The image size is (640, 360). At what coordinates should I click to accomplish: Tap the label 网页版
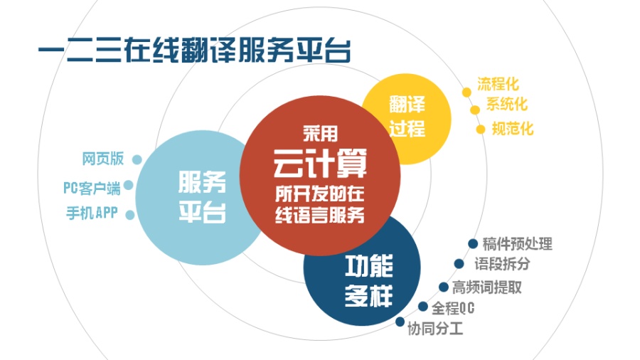pos(102,159)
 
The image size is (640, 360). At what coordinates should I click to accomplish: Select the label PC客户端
pos(92,188)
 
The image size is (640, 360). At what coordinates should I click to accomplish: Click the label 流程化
pos(498,85)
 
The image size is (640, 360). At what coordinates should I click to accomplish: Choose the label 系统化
pos(506,105)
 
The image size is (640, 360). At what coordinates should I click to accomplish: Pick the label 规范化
pos(512,129)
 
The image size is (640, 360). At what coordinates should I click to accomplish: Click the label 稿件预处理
pos(517,243)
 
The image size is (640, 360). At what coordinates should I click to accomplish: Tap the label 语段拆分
pos(502,265)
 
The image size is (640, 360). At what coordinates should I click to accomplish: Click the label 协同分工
pos(434,328)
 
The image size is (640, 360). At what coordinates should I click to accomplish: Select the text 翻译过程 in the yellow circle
pos(407,118)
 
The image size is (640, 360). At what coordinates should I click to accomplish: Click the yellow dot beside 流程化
pos(466,92)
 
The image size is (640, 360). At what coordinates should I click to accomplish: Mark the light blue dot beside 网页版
pos(137,160)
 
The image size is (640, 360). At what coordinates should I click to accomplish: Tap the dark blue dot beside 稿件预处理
pos(473,243)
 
